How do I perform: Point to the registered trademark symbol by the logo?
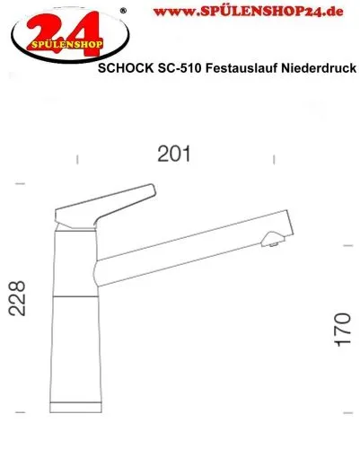pyautogui.click(x=123, y=10)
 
